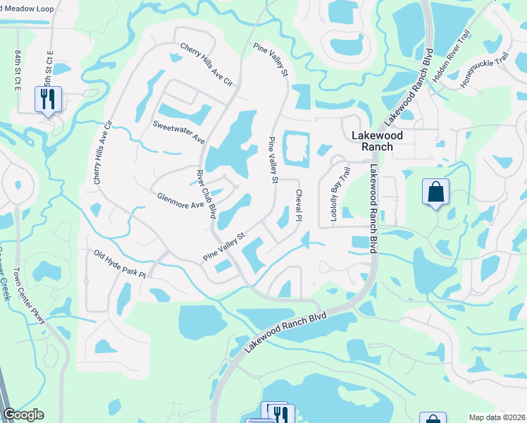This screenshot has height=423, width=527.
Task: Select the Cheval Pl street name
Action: tap(299, 206)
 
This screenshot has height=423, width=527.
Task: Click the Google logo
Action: tap(23, 415)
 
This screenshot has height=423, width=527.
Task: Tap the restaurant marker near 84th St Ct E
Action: tap(48, 99)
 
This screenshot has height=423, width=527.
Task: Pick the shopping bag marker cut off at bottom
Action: tap(432, 418)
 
